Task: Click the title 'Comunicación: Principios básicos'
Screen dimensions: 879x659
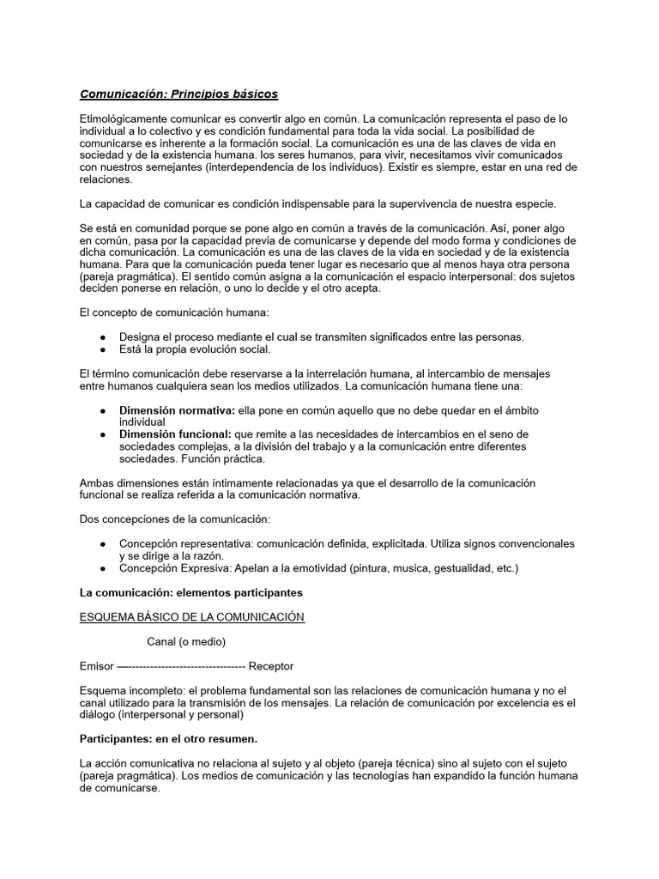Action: tap(178, 94)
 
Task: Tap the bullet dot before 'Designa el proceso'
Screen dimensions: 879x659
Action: tap(103, 336)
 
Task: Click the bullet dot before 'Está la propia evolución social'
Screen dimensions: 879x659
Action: tap(103, 349)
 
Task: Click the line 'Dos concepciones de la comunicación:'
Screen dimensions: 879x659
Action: tap(174, 519)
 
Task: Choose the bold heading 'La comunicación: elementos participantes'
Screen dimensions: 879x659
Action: tap(190, 592)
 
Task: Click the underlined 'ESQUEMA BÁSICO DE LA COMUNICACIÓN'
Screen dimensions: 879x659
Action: tap(191, 617)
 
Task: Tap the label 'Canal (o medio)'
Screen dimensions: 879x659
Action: tap(186, 641)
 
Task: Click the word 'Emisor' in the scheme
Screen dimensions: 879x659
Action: tap(95, 665)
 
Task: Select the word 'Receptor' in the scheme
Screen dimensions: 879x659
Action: tap(270, 665)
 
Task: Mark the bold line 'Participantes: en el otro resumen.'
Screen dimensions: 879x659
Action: tap(168, 738)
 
